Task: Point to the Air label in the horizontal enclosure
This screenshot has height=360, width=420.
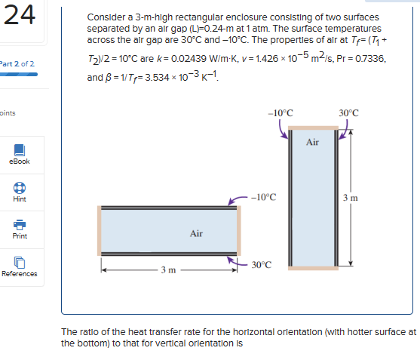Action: (x=196, y=233)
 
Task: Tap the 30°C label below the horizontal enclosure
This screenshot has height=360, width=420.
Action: (x=262, y=265)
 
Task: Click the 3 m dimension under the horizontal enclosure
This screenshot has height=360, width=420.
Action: (x=169, y=269)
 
